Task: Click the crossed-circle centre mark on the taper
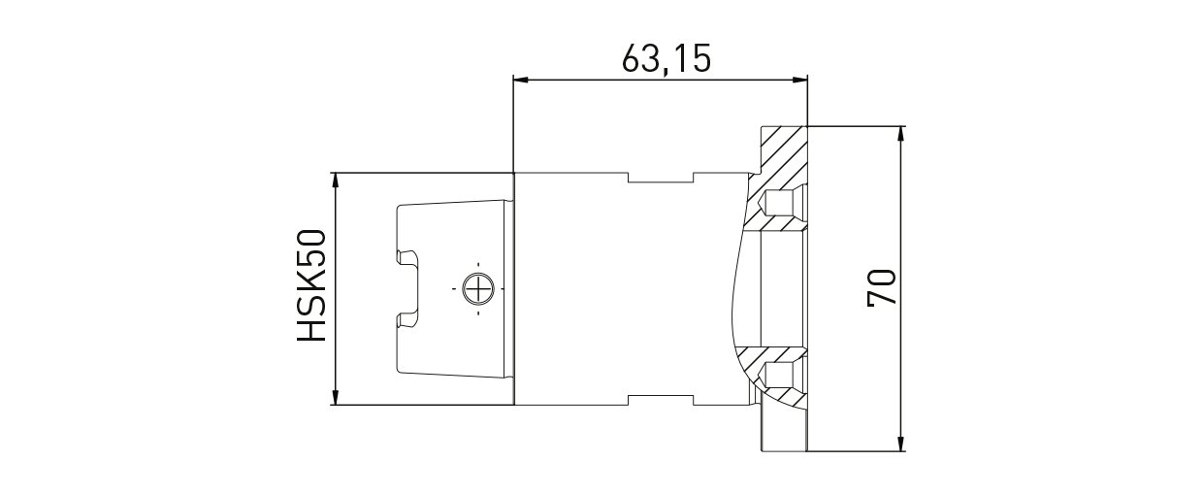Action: pyautogui.click(x=478, y=288)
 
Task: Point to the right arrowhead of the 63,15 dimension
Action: pyautogui.click(x=799, y=80)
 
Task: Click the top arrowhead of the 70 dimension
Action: pyautogui.click(x=902, y=133)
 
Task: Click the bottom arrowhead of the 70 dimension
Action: pyautogui.click(x=902, y=445)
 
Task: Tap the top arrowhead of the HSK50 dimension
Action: pyautogui.click(x=335, y=180)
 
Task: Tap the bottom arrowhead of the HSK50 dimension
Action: pyautogui.click(x=335, y=398)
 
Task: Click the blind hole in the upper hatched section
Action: pyautogui.click(x=779, y=203)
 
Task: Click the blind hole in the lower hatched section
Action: pyautogui.click(x=779, y=375)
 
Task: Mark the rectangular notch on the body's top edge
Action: pyautogui.click(x=663, y=178)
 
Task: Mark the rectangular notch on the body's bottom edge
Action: pyautogui.click(x=663, y=400)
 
